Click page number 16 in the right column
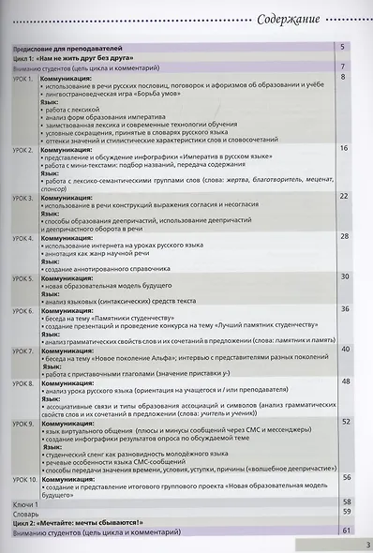pyautogui.click(x=345, y=148)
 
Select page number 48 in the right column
pyautogui.click(x=345, y=382)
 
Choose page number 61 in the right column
pyautogui.click(x=345, y=531)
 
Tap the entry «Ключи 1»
pyautogui.click(x=26, y=504)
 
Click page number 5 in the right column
pyautogui.click(x=345, y=46)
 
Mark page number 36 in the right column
pyautogui.click(x=345, y=308)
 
